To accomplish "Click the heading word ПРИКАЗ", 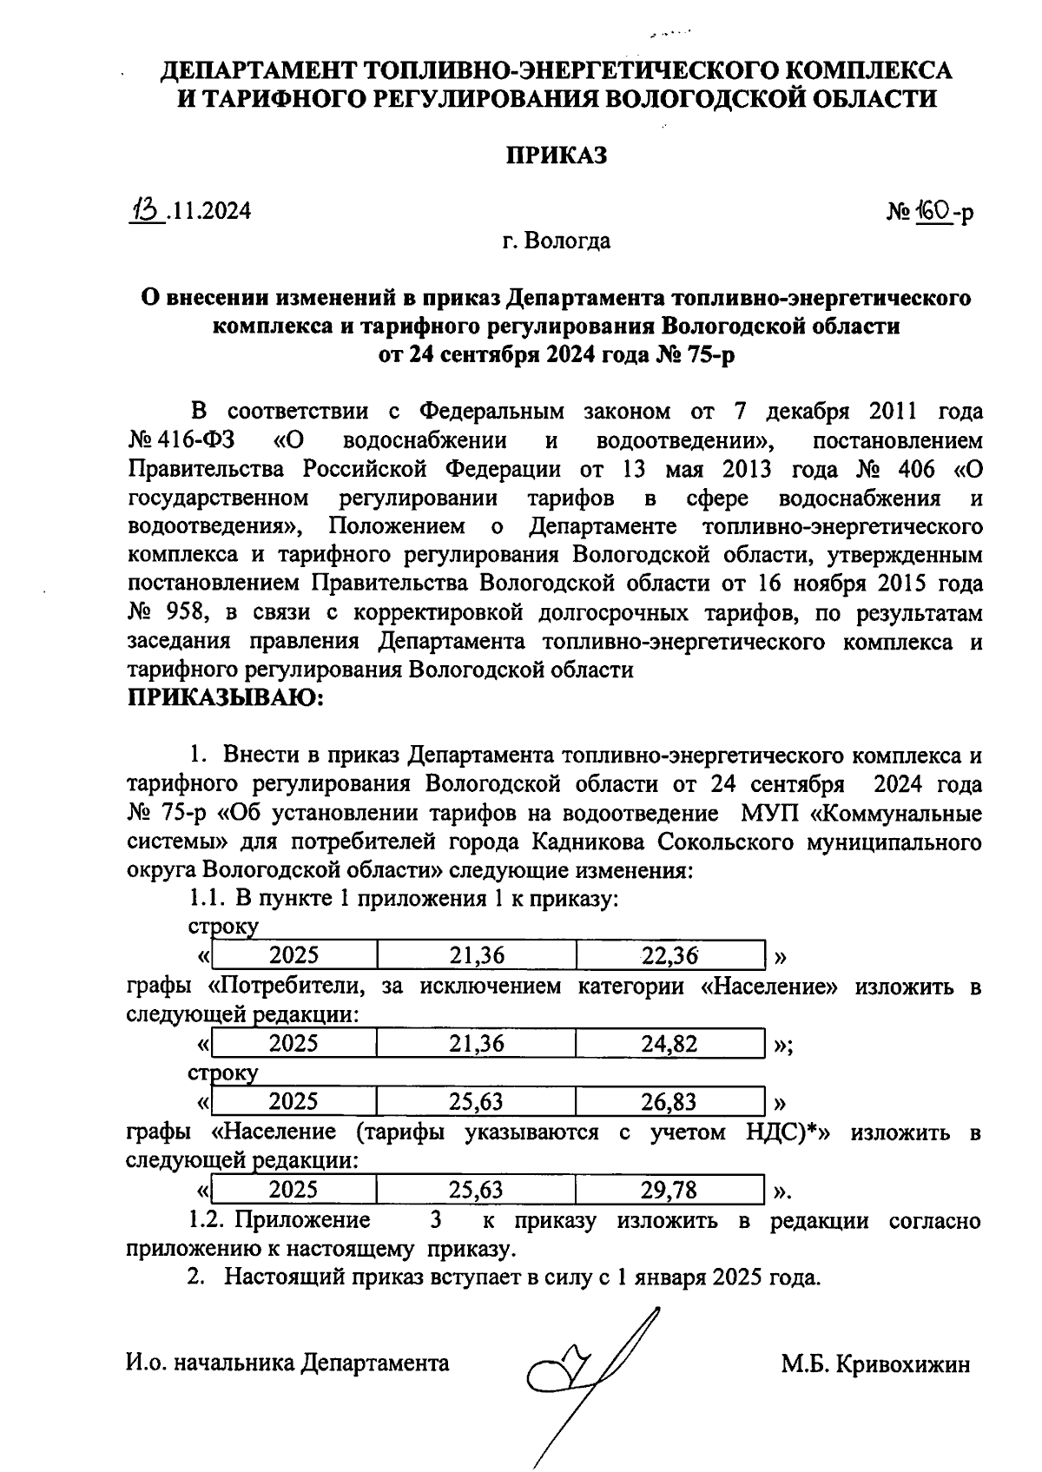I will click(x=556, y=155).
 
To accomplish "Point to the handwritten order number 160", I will click(x=931, y=210).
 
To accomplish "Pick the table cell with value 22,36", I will click(x=669, y=956).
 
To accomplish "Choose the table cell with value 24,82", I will click(x=669, y=1044).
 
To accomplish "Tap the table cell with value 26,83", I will click(x=669, y=1102).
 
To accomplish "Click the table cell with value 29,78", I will click(x=669, y=1190).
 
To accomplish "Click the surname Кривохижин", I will click(x=902, y=1364).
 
